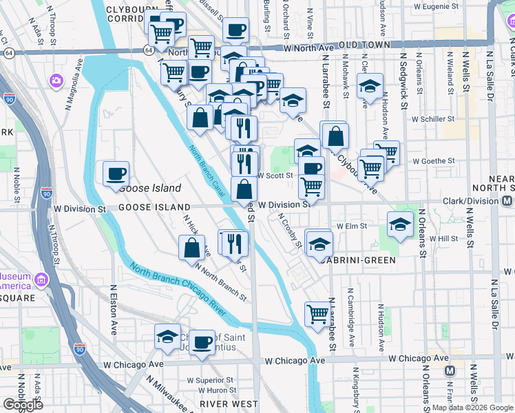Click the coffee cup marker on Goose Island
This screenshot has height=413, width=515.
[116, 173]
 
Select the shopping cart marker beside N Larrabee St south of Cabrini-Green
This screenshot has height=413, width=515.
[317, 314]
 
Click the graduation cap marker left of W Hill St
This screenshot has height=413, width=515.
[400, 224]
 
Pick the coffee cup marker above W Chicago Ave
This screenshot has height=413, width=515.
[202, 343]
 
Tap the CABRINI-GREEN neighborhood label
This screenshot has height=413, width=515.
[355, 260]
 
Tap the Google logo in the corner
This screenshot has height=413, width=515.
[23, 404]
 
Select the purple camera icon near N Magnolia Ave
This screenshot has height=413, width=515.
[54, 81]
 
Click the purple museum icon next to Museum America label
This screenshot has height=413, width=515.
[41, 280]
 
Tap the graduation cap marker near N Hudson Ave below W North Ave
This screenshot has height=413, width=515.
[370, 87]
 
